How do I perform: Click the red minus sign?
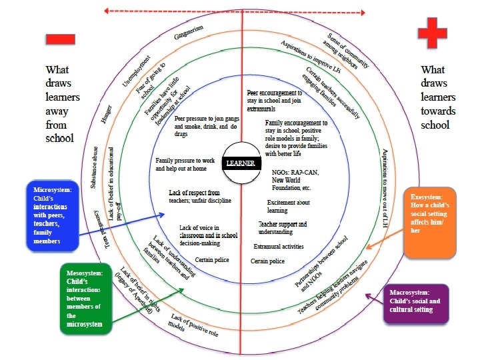tap(60, 39)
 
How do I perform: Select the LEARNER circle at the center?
tap(241, 163)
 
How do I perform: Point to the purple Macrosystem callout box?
tap(415, 303)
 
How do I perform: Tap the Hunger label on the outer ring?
tap(107, 116)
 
